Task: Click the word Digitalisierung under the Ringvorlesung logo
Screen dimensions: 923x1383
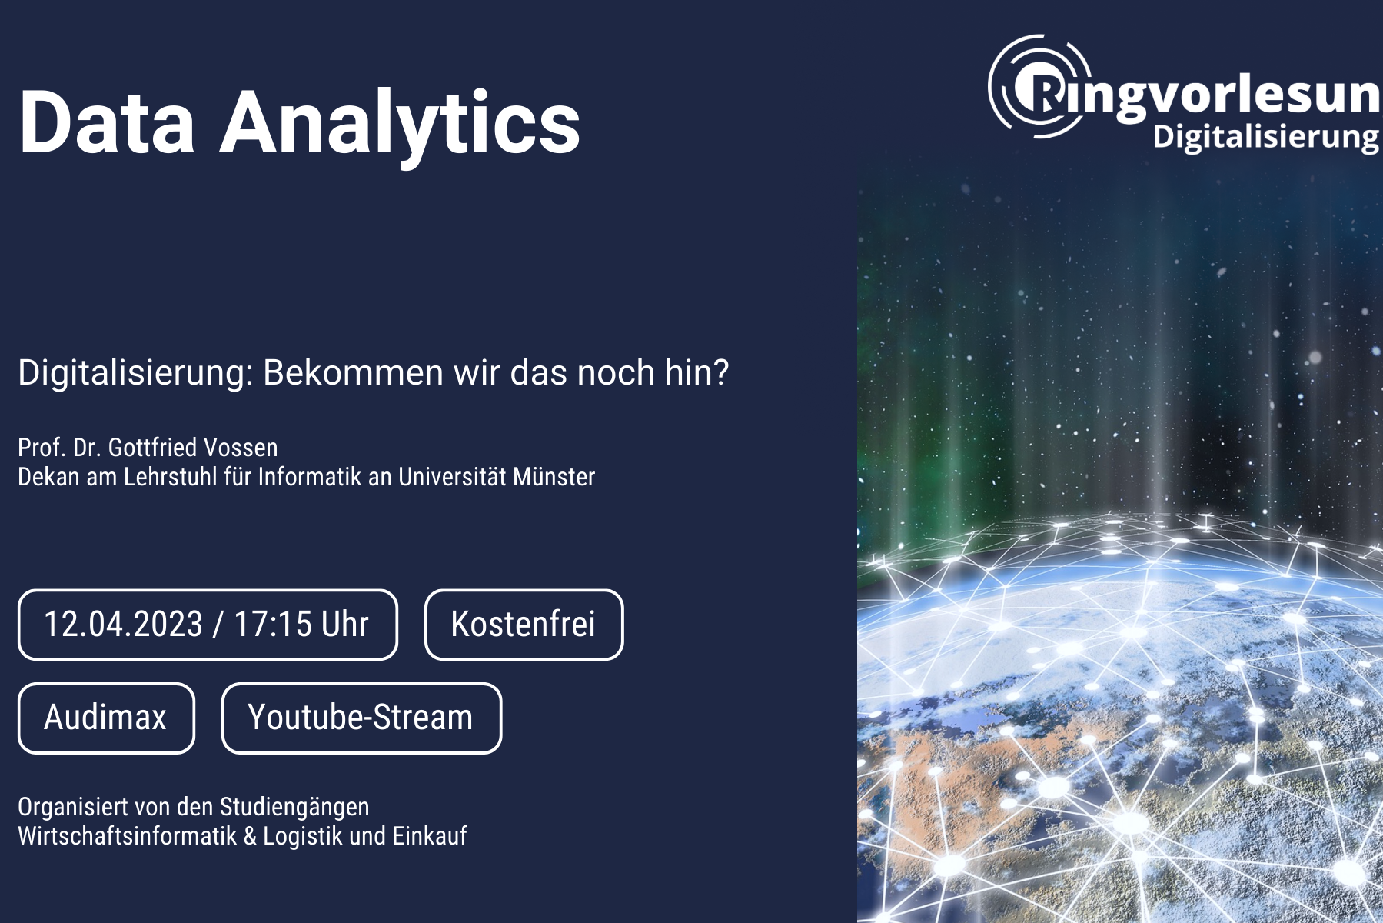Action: [x=1265, y=137]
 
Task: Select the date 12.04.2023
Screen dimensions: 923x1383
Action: [x=123, y=624]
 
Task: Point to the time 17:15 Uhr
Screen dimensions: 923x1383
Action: [x=301, y=624]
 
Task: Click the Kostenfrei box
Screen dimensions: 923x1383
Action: [x=524, y=624]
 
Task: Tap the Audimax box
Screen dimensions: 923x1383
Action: [x=106, y=718]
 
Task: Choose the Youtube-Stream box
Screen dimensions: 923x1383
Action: [x=361, y=718]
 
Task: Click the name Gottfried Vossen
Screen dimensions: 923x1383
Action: [x=193, y=448]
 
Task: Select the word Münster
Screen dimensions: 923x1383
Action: [x=554, y=477]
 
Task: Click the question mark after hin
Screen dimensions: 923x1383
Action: [x=720, y=372]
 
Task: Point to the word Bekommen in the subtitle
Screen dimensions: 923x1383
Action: [x=353, y=372]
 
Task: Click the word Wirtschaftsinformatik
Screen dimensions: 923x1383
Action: [x=128, y=836]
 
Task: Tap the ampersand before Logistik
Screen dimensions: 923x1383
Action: [x=250, y=836]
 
